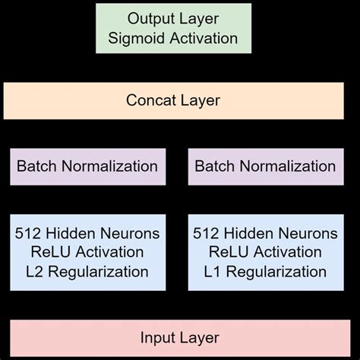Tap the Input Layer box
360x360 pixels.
click(x=179, y=338)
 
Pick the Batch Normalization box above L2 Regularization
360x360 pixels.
click(x=87, y=166)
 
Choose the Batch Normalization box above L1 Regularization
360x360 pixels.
click(x=265, y=166)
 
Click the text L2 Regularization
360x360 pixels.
click(x=87, y=271)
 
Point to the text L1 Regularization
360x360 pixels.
click(x=265, y=271)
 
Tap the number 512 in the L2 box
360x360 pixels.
click(x=29, y=233)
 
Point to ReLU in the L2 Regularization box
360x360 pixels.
click(x=52, y=252)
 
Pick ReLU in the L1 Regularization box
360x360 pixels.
click(x=230, y=252)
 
